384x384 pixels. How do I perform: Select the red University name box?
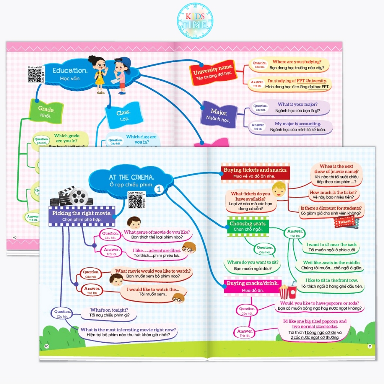click(213, 72)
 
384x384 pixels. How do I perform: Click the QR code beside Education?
click(35, 75)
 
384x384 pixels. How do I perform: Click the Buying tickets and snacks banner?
click(255, 172)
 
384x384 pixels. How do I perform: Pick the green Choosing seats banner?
click(248, 226)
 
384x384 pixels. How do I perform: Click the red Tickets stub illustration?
click(345, 222)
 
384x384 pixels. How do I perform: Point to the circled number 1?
click(159, 190)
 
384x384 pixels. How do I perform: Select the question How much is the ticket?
click(333, 195)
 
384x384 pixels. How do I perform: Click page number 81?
click(370, 346)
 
